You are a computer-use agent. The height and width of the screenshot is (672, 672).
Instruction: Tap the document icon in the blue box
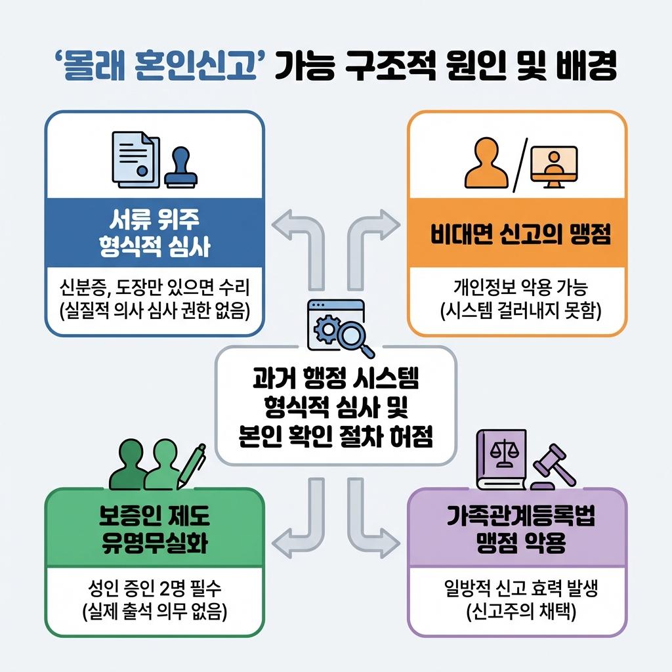click(136, 157)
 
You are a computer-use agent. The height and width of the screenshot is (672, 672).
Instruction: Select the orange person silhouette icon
click(486, 164)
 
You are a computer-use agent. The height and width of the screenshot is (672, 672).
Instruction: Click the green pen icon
click(190, 466)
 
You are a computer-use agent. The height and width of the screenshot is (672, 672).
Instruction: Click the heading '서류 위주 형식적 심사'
click(154, 232)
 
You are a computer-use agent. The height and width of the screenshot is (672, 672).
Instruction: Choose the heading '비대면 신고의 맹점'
click(517, 234)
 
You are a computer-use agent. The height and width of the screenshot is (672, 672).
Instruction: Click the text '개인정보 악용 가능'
click(517, 287)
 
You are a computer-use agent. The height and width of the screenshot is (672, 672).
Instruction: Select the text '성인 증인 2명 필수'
click(154, 587)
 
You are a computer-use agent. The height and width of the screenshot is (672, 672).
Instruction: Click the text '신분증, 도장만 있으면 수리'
click(154, 287)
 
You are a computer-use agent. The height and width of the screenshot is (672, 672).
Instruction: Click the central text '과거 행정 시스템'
click(335, 379)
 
